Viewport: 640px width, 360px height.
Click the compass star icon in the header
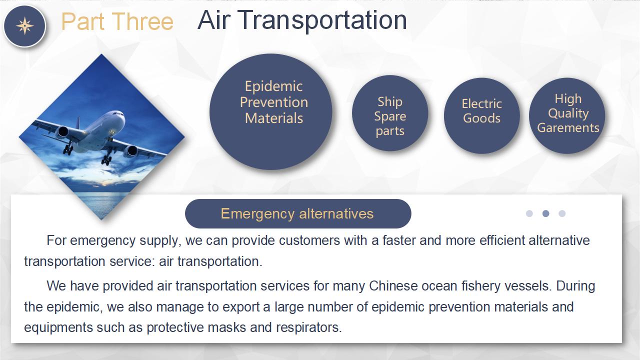coord(25,25)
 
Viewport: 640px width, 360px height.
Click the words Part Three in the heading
coord(117,21)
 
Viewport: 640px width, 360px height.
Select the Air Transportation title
coord(302,20)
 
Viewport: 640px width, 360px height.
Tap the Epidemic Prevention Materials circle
coord(271,111)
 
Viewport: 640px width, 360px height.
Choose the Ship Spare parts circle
coord(390,113)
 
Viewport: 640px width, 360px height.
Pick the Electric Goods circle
coord(481,115)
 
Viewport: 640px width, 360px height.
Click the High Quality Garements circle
coord(567,115)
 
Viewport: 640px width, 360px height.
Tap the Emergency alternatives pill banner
coord(298,213)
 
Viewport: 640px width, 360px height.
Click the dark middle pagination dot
coord(545,213)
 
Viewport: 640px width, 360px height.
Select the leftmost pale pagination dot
coord(529,213)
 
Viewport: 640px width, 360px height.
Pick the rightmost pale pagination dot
coord(562,213)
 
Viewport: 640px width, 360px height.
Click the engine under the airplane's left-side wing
coord(62,131)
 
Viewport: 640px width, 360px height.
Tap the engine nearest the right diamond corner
coord(131,151)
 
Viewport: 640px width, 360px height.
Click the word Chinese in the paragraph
coord(393,285)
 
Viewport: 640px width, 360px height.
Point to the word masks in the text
coord(227,327)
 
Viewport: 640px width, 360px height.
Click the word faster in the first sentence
coord(399,240)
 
